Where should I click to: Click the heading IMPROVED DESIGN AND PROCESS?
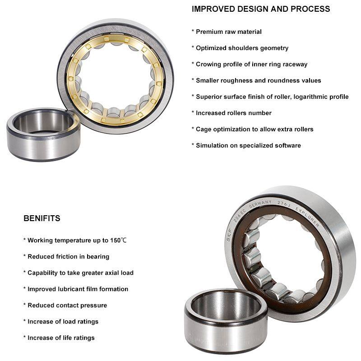[261, 9]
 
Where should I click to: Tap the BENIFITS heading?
[42, 218]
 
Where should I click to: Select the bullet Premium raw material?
[227, 32]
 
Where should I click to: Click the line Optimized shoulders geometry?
[240, 48]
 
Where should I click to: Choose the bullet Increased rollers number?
[231, 113]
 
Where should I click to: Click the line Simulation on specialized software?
[246, 145]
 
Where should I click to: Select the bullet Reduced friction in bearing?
[66, 257]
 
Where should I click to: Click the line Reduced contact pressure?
[65, 305]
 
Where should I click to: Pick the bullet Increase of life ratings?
[59, 338]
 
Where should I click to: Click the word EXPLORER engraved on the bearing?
[308, 217]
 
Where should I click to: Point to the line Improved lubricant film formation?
[76, 289]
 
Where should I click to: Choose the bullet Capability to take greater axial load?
[78, 273]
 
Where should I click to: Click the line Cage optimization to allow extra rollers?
[252, 130]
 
